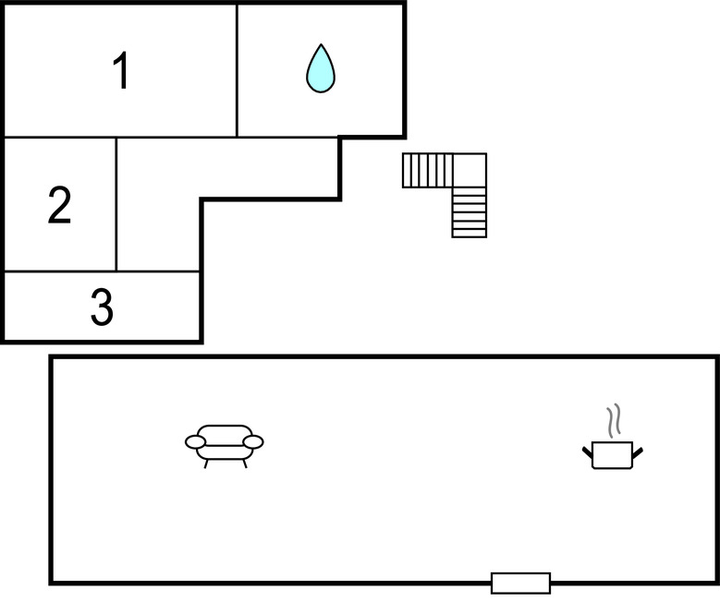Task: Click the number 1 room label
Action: pyautogui.click(x=121, y=70)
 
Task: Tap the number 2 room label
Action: pyautogui.click(x=59, y=205)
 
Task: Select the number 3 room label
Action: pyautogui.click(x=102, y=307)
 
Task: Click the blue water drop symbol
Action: pyautogui.click(x=321, y=68)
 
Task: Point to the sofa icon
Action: pyautogui.click(x=224, y=446)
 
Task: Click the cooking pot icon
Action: pyautogui.click(x=612, y=454)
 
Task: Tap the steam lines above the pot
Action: pyautogui.click(x=614, y=420)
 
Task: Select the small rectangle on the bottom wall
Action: pyautogui.click(x=520, y=584)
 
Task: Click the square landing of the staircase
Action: pyautogui.click(x=470, y=170)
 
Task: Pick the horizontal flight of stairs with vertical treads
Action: pyautogui.click(x=428, y=170)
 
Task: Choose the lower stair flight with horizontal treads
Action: pyautogui.click(x=470, y=212)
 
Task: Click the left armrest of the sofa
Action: pyautogui.click(x=196, y=442)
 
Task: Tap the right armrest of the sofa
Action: pyautogui.click(x=253, y=442)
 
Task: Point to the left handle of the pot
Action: pyautogui.click(x=587, y=451)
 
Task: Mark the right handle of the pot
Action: pyautogui.click(x=638, y=452)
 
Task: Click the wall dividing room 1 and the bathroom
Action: pyautogui.click(x=237, y=71)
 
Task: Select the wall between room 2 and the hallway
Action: pyautogui.click(x=116, y=204)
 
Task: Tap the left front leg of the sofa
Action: pyautogui.click(x=206, y=464)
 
